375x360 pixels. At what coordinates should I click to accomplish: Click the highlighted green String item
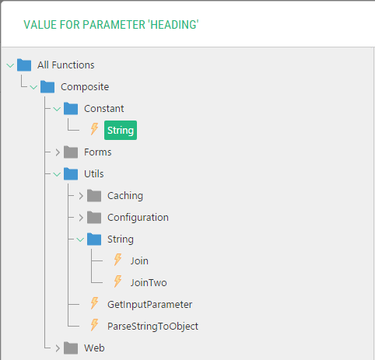[x=121, y=130]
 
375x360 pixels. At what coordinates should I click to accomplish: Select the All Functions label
[x=66, y=65]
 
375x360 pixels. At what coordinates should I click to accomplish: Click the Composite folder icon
[x=47, y=86]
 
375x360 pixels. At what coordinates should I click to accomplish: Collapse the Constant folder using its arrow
[x=57, y=109]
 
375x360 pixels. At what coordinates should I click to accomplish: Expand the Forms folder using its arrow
[x=58, y=152]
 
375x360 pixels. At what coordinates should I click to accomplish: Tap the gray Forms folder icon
[x=71, y=152]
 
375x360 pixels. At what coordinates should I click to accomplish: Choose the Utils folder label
[x=94, y=174]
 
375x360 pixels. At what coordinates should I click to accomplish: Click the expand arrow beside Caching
[x=81, y=196]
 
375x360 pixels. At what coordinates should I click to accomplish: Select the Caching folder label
[x=125, y=196]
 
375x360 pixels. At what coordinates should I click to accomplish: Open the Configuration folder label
[x=138, y=218]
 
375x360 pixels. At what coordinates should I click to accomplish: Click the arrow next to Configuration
[x=81, y=218]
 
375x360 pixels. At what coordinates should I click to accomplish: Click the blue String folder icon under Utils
[x=94, y=239]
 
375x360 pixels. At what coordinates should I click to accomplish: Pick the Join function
[x=139, y=261]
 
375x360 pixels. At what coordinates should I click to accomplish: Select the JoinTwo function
[x=149, y=283]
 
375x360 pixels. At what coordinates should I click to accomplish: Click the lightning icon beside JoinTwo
[x=117, y=281]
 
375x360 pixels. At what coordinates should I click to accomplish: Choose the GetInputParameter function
[x=150, y=305]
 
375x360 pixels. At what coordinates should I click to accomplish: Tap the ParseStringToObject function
[x=152, y=327]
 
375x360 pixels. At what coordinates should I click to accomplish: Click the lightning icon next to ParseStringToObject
[x=94, y=325]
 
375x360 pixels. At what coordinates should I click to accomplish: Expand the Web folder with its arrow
[x=58, y=348]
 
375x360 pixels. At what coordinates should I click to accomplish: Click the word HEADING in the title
[x=173, y=25]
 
